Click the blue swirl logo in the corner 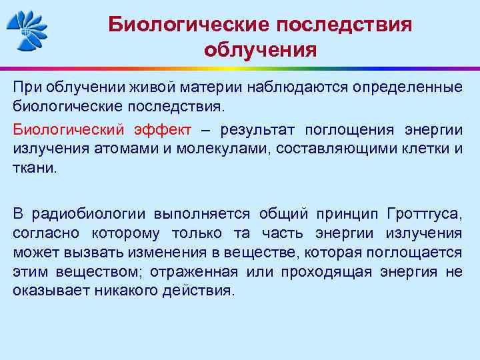27,31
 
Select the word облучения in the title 261,50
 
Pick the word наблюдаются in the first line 297,87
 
